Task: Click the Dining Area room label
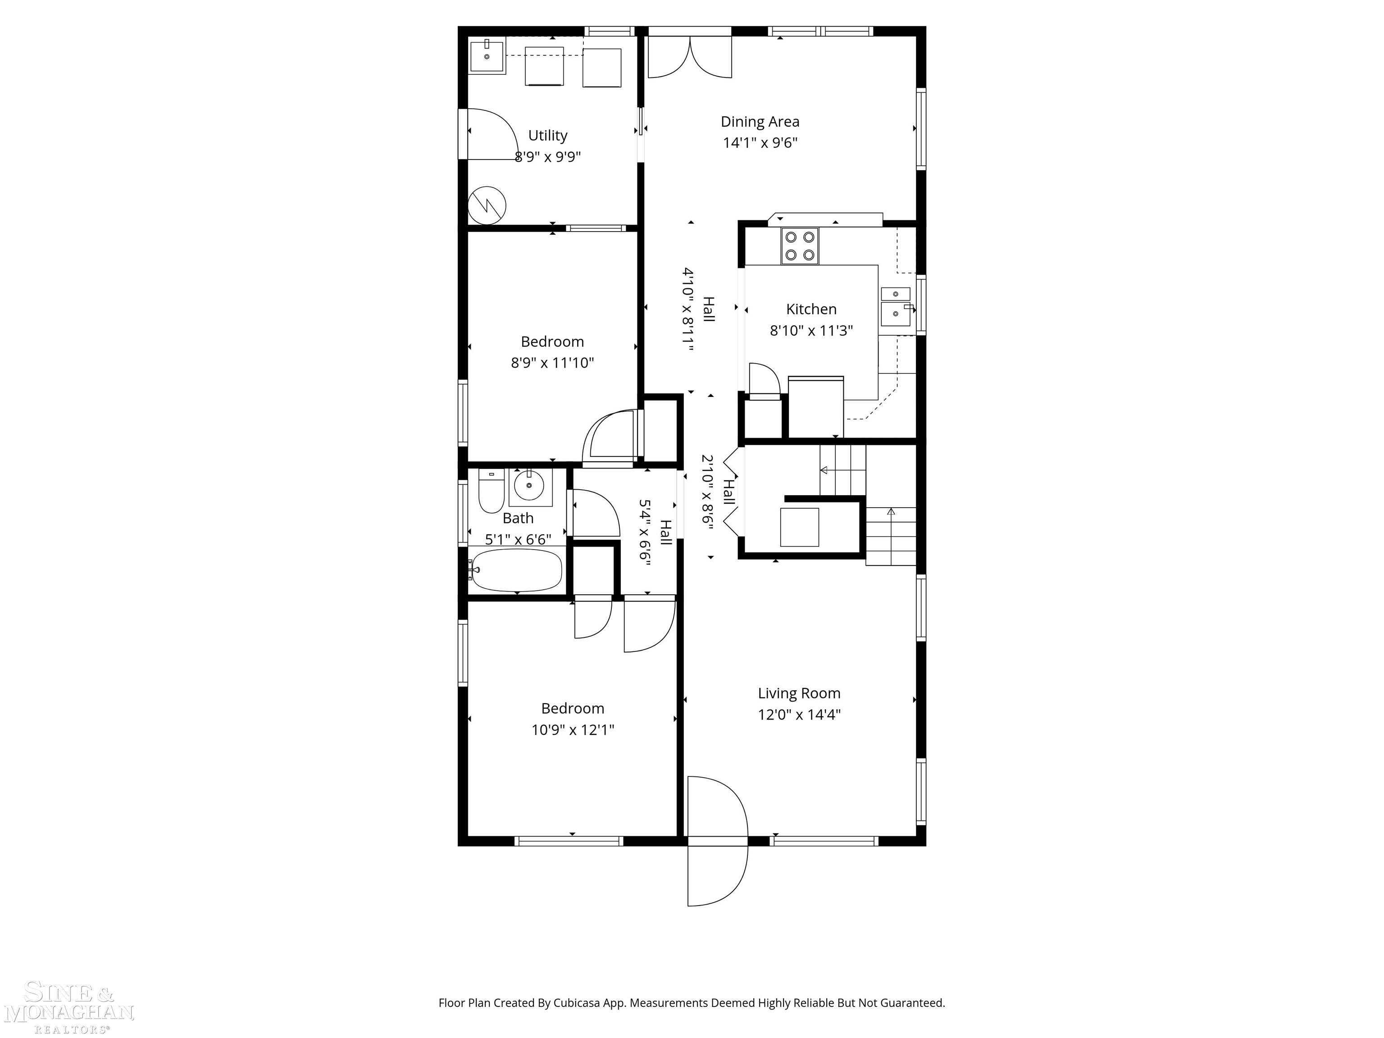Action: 760,121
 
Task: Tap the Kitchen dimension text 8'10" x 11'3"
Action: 811,330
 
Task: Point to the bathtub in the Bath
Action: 517,570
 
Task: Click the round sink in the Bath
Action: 530,486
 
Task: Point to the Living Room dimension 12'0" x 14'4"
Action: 799,714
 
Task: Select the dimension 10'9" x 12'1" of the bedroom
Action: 573,729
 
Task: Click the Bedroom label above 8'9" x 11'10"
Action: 552,341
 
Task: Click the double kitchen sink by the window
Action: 896,307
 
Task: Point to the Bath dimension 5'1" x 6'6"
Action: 518,539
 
